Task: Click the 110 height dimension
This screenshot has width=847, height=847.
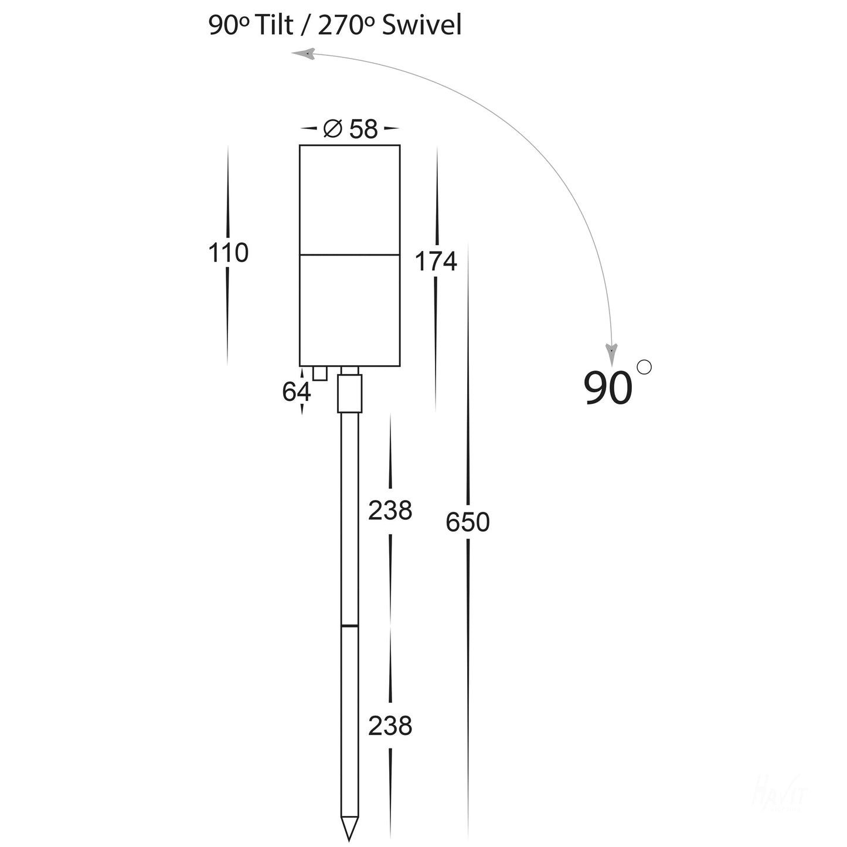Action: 228,253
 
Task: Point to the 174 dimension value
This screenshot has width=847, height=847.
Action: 436,261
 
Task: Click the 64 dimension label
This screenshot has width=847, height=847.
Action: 296,392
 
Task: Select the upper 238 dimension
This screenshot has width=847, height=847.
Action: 390,511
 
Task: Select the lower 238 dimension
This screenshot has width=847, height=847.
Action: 390,726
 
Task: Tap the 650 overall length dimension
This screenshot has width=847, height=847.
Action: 467,522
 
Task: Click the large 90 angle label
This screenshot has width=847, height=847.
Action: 608,388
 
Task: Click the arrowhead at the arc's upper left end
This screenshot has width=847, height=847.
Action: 302,55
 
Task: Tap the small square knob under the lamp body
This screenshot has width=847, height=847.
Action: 319,373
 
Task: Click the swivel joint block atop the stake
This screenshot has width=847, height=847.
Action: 350,393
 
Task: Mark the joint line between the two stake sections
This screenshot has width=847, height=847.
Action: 350,625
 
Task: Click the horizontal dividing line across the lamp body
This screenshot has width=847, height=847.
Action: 350,255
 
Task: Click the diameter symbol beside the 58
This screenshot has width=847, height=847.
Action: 332,128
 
